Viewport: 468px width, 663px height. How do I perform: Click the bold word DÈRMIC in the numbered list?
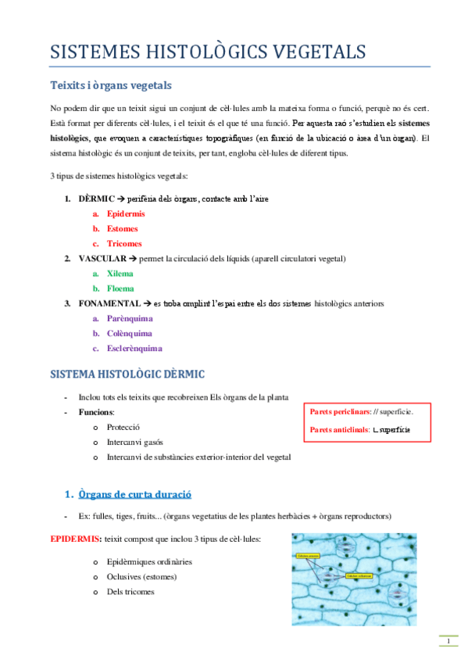coord(98,199)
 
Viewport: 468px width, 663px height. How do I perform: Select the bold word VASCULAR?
coord(102,259)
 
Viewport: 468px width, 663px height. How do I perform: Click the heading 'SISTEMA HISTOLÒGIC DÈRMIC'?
coord(127,375)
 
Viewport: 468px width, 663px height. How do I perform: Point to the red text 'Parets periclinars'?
coord(339,411)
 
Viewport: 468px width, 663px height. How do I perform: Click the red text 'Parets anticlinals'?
coord(338,430)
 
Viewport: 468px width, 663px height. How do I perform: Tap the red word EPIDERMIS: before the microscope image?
coord(75,539)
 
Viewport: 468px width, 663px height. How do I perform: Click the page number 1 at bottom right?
coord(448,642)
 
